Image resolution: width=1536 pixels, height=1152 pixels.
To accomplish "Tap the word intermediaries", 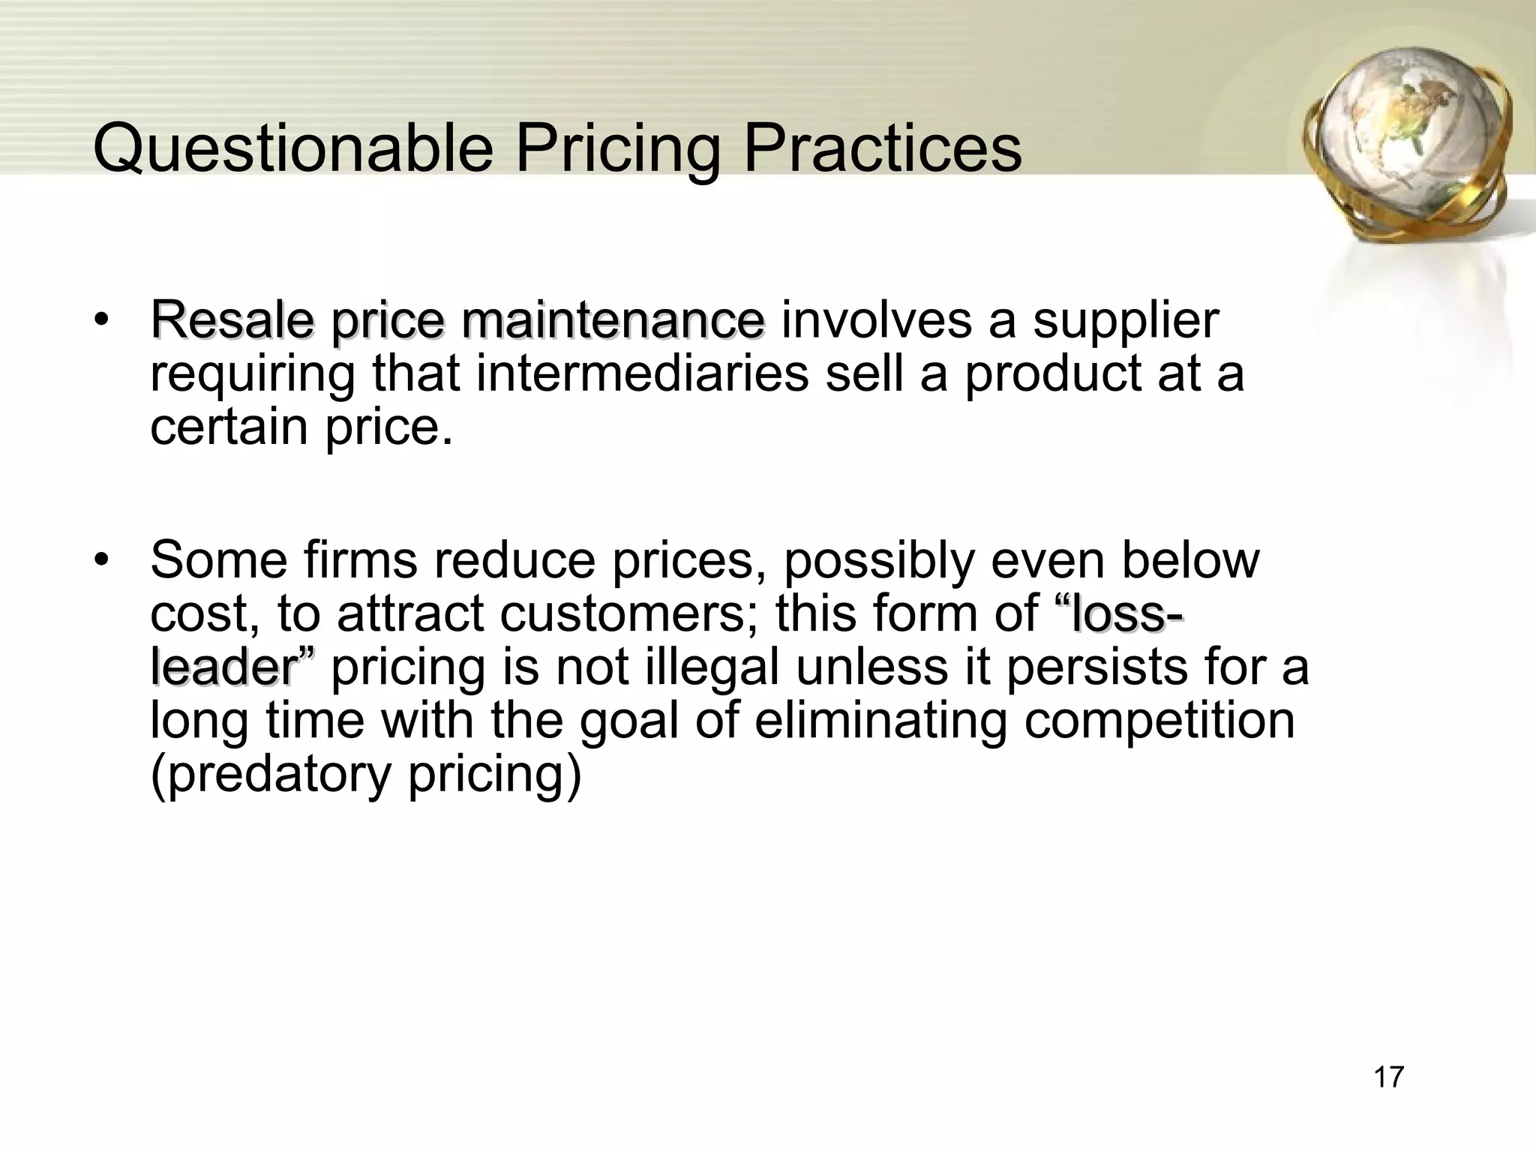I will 642,373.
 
